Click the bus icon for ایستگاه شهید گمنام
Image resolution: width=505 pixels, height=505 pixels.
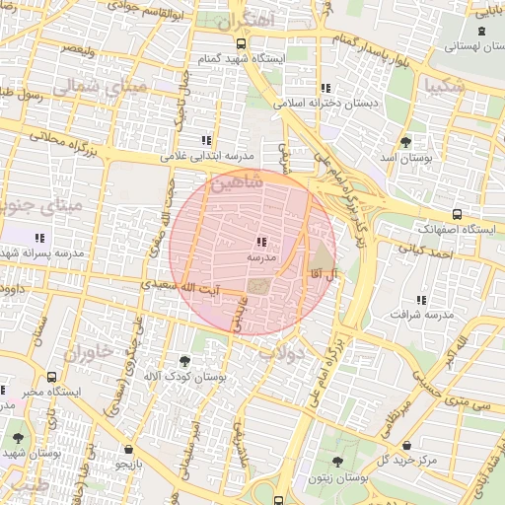click(241, 44)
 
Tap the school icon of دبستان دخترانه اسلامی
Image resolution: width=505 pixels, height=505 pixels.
click(325, 89)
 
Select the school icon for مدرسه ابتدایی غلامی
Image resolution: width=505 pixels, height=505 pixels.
click(206, 141)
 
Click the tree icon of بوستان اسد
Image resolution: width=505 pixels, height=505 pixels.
click(407, 143)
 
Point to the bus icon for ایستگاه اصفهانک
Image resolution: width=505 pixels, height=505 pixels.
click(456, 214)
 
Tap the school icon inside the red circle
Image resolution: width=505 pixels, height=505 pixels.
click(261, 242)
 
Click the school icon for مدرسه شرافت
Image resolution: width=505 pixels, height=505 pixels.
click(422, 300)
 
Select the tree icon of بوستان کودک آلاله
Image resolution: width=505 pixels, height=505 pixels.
click(185, 362)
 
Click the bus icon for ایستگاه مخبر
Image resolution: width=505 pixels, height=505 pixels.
click(51, 377)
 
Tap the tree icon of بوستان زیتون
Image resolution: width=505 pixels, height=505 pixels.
click(337, 462)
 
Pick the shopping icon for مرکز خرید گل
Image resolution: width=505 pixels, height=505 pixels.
click(406, 445)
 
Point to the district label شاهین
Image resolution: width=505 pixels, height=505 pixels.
click(237, 184)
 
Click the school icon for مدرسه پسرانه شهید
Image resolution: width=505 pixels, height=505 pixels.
click(39, 238)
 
